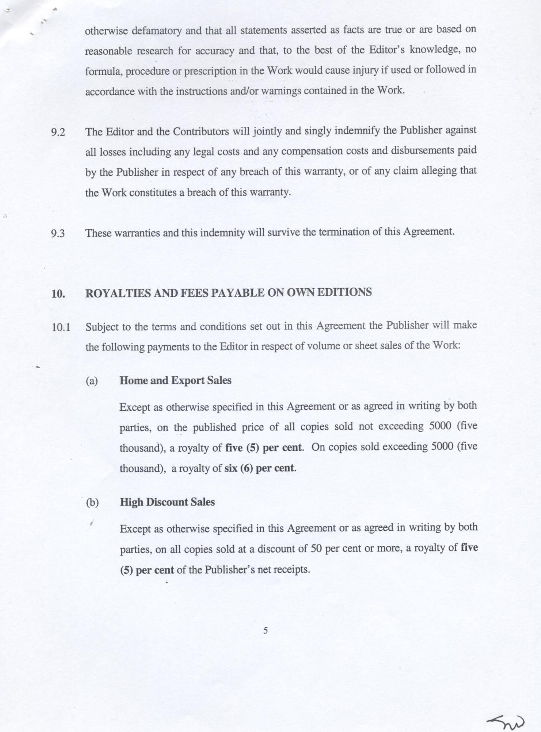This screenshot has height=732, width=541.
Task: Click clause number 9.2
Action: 58,133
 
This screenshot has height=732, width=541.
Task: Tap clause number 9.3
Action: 58,234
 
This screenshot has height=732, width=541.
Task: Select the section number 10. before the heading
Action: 58,294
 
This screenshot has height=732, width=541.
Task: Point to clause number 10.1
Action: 61,327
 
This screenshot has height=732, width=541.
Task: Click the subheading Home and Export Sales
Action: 175,380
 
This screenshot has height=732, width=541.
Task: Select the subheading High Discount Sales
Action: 167,502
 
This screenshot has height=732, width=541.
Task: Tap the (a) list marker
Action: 92,381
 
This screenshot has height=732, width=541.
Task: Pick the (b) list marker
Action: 92,502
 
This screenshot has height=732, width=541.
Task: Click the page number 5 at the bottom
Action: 266,630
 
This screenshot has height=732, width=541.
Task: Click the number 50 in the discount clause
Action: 316,549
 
